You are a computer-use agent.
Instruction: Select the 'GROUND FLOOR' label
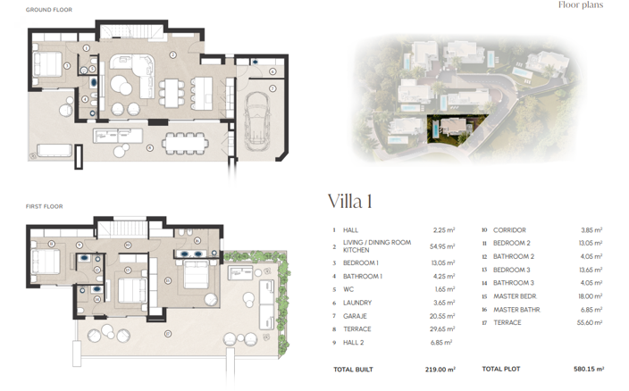[x=48, y=9]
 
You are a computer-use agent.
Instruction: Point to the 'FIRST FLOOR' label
[x=44, y=206]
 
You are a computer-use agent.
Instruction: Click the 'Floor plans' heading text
[x=580, y=5]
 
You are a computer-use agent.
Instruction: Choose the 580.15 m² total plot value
[x=587, y=369]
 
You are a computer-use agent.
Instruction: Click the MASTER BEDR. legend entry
[x=515, y=296]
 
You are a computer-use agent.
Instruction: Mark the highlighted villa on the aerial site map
[x=455, y=129]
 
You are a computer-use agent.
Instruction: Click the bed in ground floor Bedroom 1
[x=49, y=64]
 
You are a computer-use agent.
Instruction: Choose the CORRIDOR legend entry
[x=509, y=229]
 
